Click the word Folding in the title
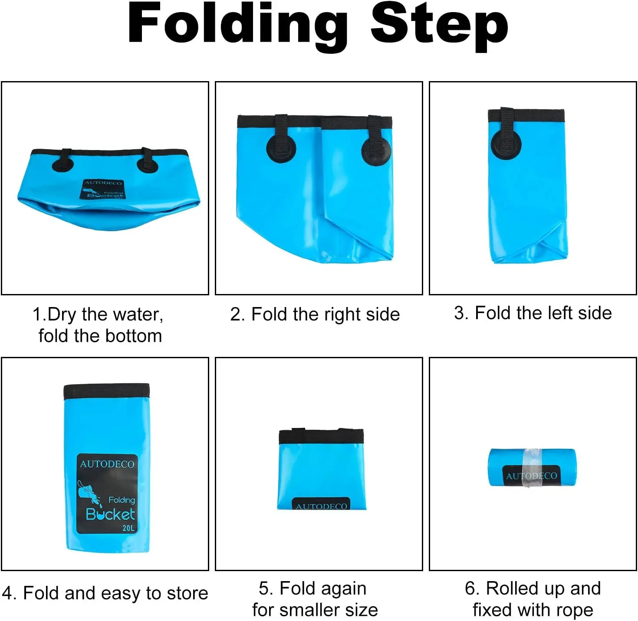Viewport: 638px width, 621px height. (x=238, y=26)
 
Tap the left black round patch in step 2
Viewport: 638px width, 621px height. (x=281, y=148)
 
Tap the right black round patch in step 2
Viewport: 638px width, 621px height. (x=376, y=151)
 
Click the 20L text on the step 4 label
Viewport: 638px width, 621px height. (x=128, y=528)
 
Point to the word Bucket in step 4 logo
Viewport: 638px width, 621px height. (x=111, y=515)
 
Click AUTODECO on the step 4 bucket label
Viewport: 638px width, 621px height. (x=107, y=464)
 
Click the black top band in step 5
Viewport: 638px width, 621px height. (x=321, y=436)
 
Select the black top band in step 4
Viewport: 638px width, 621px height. (x=107, y=392)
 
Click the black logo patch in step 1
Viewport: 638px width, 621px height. (x=102, y=189)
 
